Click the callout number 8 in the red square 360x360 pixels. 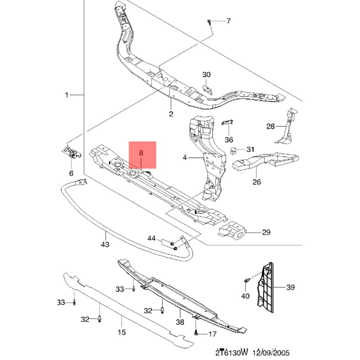coord(141,153)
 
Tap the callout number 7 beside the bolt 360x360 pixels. coord(228,21)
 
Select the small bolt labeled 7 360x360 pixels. coord(210,23)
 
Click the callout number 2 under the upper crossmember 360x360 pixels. coord(171,114)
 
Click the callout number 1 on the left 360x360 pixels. coord(67,95)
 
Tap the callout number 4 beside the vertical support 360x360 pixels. coord(185,157)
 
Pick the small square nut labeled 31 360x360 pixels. coord(233,150)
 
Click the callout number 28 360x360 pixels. coord(270,126)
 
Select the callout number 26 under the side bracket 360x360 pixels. coord(256,182)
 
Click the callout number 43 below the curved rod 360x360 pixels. coord(105,245)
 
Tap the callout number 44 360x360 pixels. coord(152,238)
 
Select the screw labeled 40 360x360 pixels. coord(247,280)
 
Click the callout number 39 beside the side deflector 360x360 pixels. coord(291,287)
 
